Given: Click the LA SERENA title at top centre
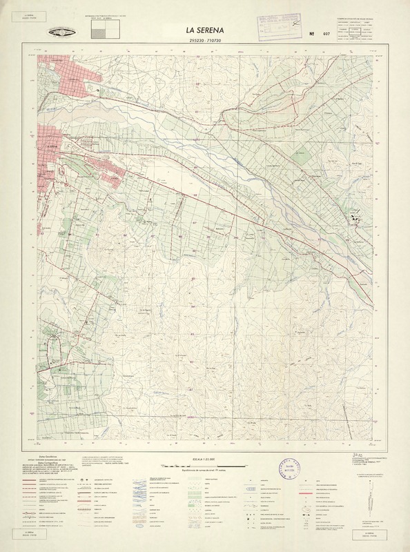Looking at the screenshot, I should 204,30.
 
